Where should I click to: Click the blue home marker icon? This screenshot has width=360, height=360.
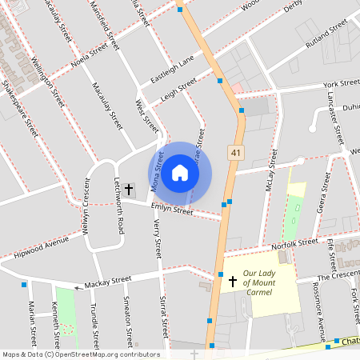180,173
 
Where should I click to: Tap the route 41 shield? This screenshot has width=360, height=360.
236,152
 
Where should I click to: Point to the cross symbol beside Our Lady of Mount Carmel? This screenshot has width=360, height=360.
233,282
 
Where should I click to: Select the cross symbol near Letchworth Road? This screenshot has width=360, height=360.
129,189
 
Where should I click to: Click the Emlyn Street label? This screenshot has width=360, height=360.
173,210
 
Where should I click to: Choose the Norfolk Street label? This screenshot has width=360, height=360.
294,244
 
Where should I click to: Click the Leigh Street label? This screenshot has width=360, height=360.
178,90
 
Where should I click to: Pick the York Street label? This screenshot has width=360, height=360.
341,83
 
